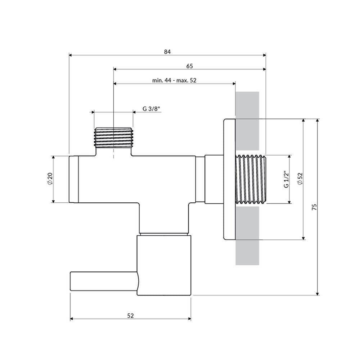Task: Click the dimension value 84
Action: pos(167,52)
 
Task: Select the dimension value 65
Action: pos(190,66)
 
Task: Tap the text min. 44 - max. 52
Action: pos(174,80)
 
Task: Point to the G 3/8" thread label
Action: pos(151,109)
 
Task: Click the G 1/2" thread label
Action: pos(286,179)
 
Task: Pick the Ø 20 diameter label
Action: pos(50,179)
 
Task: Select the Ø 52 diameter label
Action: pos(300,179)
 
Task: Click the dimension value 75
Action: pos(314,207)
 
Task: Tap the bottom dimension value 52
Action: pos(130,316)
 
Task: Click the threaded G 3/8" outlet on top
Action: pos(113,137)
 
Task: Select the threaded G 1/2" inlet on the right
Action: pos(251,179)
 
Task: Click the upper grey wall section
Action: pos(247,121)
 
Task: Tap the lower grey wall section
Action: pos(247,236)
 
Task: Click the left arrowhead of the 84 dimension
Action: pos(71,55)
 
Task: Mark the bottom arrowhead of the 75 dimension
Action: pos(318,293)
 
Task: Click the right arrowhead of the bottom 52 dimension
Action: pos(189,319)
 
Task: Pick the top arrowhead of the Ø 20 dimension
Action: pos(53,158)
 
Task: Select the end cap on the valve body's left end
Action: pos(74,179)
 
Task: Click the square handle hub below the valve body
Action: pos(164,265)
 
